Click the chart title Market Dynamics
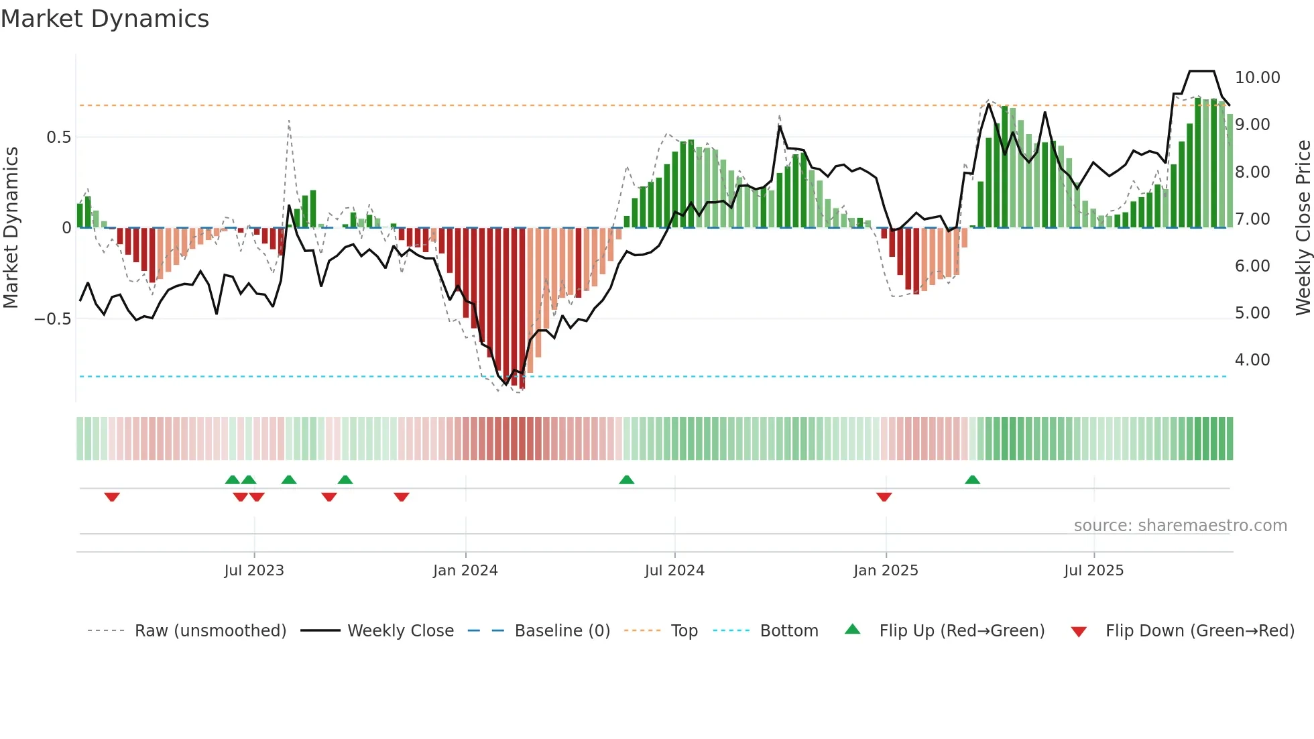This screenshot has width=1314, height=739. click(x=105, y=19)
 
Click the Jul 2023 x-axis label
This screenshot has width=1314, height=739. click(x=254, y=571)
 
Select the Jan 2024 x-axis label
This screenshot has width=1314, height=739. click(x=465, y=571)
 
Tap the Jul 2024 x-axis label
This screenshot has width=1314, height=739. click(x=674, y=571)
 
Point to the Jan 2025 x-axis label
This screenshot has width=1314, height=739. click(x=886, y=571)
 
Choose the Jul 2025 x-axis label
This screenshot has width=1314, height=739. click(x=1093, y=571)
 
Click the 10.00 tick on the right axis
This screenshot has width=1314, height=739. click(x=1257, y=78)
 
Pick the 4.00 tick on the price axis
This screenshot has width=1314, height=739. click(x=1252, y=360)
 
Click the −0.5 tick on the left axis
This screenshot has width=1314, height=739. click(x=53, y=319)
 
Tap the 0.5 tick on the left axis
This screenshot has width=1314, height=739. click(x=58, y=137)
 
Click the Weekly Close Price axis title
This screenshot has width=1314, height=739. click(x=1303, y=227)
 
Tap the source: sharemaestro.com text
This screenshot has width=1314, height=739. click(x=1180, y=526)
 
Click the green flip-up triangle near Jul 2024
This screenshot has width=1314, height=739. click(x=626, y=480)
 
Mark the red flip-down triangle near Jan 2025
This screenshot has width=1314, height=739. click(x=884, y=497)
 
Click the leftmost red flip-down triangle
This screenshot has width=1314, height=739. click(x=112, y=497)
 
